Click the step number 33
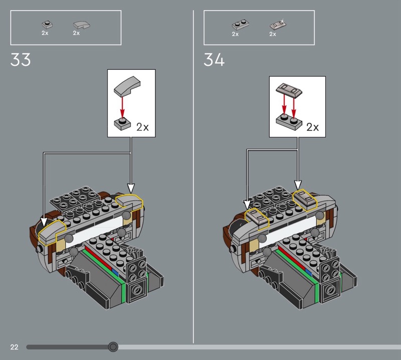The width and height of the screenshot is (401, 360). tap(21, 60)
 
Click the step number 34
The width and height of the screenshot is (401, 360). tap(214, 60)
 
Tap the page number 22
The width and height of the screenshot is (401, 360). tap(15, 347)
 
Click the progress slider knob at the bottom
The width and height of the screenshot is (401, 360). tap(113, 347)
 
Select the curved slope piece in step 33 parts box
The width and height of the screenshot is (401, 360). tap(82, 25)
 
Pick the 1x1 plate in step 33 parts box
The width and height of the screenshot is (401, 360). tap(47, 25)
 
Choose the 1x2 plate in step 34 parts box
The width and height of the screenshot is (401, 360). tap(241, 25)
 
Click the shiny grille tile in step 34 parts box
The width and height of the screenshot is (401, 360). tap(278, 24)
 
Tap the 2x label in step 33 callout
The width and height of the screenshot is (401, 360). tap(142, 127)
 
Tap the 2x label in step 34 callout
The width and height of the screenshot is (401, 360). tap(312, 127)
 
